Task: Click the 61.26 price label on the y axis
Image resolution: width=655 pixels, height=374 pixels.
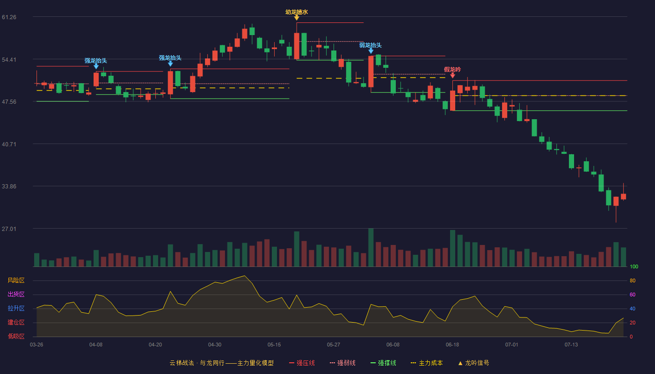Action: tap(9, 17)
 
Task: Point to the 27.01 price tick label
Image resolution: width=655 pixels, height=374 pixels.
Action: tap(9, 229)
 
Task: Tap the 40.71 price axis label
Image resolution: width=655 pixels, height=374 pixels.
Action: tap(9, 144)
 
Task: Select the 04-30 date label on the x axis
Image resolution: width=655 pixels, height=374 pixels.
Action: tap(215, 345)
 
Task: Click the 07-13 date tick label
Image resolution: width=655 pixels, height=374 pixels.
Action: tap(571, 345)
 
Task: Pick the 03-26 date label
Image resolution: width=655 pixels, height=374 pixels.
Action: tap(36, 345)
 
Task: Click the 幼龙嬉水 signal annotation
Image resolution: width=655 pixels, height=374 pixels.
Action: tap(297, 12)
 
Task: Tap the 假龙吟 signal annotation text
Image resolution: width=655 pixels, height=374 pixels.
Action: tap(452, 70)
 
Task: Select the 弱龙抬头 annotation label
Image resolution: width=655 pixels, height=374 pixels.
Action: tap(371, 45)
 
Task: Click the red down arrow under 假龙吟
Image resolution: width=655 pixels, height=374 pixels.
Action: tap(453, 76)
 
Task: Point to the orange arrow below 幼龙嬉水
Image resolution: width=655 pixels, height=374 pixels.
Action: tap(297, 18)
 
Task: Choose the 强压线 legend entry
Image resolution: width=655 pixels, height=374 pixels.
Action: tap(302, 363)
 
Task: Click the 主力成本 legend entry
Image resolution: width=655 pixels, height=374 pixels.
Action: tap(427, 363)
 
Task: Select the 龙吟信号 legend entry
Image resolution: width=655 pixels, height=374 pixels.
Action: tap(473, 363)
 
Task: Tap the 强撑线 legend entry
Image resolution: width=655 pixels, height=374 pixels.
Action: tap(383, 363)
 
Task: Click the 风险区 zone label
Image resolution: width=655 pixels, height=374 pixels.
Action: tap(16, 280)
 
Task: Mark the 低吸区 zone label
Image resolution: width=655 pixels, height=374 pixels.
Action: tap(16, 337)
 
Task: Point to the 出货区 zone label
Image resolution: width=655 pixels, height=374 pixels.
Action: tap(16, 294)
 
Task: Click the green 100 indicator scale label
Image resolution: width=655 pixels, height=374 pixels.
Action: tap(634, 266)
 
